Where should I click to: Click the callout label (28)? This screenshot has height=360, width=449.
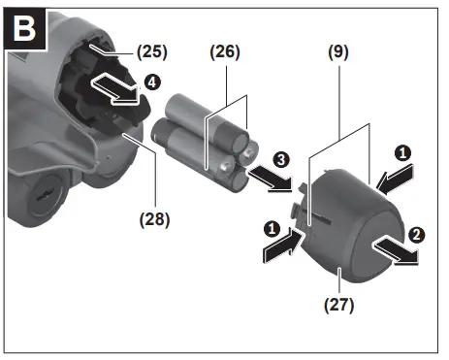[154, 219]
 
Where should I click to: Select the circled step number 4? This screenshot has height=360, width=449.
[149, 82]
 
